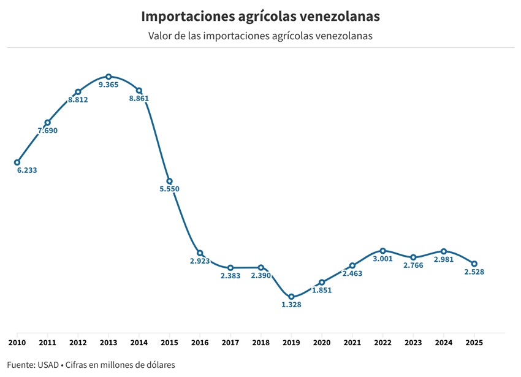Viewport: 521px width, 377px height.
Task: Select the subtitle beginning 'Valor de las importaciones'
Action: pos(260,36)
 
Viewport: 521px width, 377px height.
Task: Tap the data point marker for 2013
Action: pos(108,76)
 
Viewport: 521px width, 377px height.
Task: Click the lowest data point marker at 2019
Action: pos(291,297)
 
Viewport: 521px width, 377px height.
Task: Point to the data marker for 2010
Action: pos(17,162)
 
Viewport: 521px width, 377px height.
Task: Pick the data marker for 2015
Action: pos(169,181)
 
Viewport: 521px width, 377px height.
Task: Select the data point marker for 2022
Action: pos(382,251)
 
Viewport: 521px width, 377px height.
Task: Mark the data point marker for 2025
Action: pos(474,264)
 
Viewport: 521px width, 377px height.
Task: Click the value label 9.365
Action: pos(108,85)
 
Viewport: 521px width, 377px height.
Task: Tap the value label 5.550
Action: pos(169,189)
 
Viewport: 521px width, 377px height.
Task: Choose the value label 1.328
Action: pos(291,305)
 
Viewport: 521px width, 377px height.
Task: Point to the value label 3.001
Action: pos(382,259)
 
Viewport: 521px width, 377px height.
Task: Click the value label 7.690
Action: pos(47,131)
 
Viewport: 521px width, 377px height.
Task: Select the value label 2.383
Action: pos(230,276)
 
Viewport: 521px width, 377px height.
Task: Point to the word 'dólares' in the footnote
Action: pos(160,365)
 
